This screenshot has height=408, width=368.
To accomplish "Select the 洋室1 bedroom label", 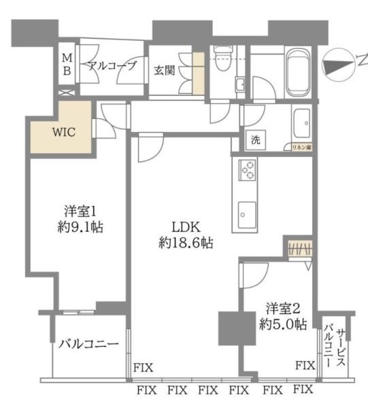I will (x=75, y=211).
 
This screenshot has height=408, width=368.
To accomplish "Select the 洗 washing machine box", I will (x=255, y=141).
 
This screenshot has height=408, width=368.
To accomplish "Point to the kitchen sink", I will (x=246, y=214).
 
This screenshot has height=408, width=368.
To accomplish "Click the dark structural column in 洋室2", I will (x=232, y=328).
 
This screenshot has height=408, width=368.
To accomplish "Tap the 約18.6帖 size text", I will (x=186, y=242).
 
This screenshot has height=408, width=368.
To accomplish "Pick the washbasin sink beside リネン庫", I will (x=303, y=122).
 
